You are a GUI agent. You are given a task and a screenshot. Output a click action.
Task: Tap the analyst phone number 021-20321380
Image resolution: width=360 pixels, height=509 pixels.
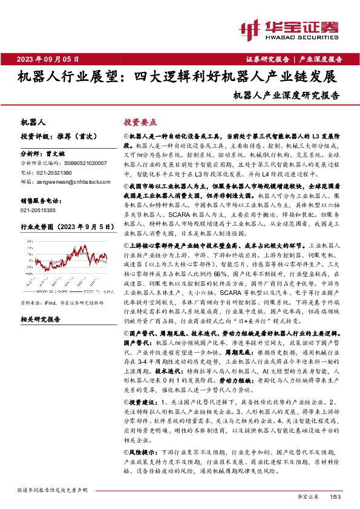54,172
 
